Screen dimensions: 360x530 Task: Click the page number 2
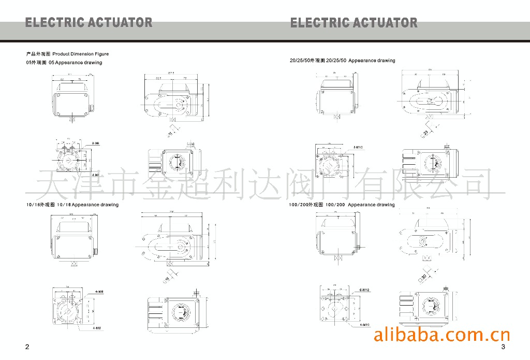pyautogui.click(x=27, y=347)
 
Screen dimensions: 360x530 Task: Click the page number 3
pyautogui.click(x=503, y=347)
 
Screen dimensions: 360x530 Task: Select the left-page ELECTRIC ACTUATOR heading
pyautogui.click(x=89, y=23)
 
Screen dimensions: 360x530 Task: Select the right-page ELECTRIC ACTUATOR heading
pyautogui.click(x=354, y=23)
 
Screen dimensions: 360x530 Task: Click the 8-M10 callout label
pyautogui.click(x=358, y=148)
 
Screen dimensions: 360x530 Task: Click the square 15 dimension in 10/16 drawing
pyautogui.click(x=167, y=279)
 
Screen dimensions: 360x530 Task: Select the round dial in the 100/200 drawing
pyautogui.click(x=431, y=306)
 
